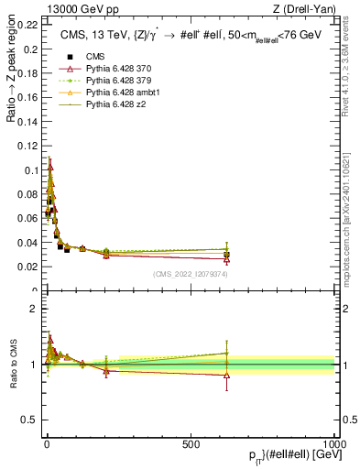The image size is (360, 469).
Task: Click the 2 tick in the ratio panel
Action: click(34, 309)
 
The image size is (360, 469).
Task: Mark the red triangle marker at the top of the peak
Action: click(50, 167)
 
